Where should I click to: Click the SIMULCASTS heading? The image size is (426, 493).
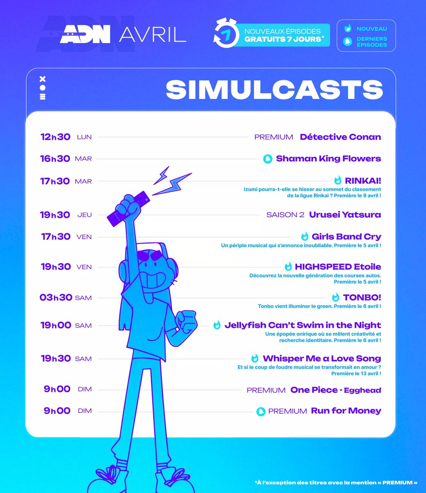coord(274,89)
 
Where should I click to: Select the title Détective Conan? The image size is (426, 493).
coord(340,137)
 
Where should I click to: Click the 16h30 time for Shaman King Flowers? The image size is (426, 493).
coord(55,159)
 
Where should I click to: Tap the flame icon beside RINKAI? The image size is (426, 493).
coord(338,180)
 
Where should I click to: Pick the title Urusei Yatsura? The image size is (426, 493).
coord(345,214)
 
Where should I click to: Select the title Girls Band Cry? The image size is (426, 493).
coord(346,237)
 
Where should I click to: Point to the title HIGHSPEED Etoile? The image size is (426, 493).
coord(338,267)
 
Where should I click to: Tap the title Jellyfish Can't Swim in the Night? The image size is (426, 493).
coord(302,325)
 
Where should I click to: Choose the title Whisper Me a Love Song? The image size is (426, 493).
coord(322,359)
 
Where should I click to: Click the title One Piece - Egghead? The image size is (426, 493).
coord(336,390)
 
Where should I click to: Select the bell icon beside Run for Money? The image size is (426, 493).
coord(261,411)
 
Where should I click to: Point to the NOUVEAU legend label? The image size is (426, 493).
coord(371,29)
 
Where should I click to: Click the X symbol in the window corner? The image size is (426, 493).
coord(42,79)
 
